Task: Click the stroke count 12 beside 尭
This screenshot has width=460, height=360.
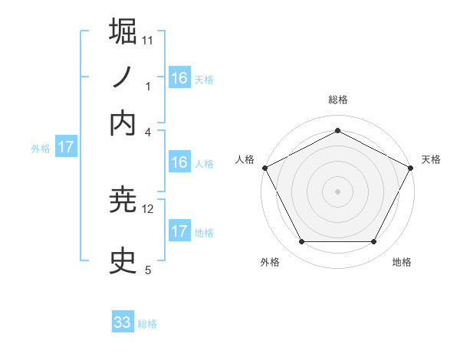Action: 148,208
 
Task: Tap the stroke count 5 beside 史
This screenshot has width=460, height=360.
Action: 148,270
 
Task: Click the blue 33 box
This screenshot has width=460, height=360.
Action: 123,322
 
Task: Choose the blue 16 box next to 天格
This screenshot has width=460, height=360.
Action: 179,77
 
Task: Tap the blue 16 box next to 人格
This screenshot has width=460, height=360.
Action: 179,162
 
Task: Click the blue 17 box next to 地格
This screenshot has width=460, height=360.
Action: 179,231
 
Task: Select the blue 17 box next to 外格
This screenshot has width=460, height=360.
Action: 66,147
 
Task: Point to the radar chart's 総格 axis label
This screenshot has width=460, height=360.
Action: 337,100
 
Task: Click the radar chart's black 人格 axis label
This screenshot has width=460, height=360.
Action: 245,159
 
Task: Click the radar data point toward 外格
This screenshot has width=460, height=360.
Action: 301,242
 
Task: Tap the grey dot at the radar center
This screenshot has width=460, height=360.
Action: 337,191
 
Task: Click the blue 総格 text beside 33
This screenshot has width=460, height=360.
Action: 147,324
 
